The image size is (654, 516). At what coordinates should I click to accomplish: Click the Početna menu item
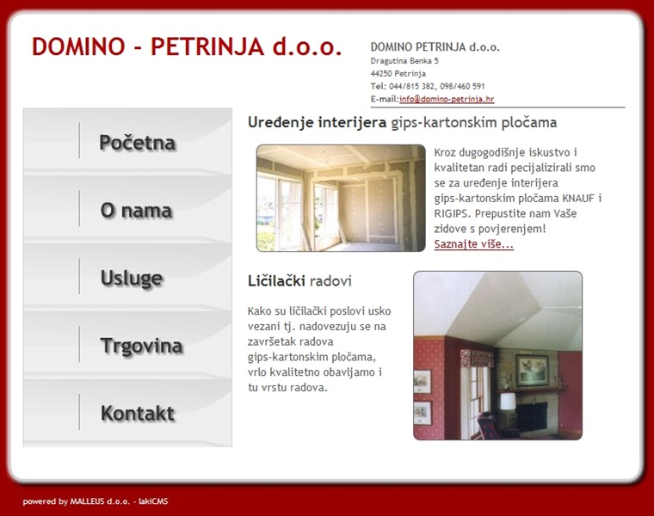point(137,143)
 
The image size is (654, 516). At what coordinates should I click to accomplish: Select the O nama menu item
point(136,211)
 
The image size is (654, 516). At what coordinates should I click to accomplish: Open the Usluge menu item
point(132,278)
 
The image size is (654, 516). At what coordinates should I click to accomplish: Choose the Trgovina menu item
point(141,346)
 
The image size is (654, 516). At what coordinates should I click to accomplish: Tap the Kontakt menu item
point(138,414)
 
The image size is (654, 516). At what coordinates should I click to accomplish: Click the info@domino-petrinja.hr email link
point(447,99)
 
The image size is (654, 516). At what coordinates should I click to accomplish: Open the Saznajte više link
point(473,244)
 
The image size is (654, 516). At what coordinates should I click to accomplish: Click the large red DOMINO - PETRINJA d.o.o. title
point(187,46)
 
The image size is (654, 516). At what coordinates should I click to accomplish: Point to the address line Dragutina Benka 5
point(404,61)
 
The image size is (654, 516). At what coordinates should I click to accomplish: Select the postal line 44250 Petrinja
point(398,74)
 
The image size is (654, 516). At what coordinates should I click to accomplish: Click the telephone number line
point(428,86)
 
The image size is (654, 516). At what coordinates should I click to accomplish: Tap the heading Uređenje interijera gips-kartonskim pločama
point(402,122)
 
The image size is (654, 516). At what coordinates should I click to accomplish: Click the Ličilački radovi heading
point(299,281)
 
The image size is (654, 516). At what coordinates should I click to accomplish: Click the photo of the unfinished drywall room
point(341,198)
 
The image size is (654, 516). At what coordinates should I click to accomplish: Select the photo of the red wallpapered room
point(497,355)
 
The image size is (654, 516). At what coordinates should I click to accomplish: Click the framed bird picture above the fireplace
point(532,370)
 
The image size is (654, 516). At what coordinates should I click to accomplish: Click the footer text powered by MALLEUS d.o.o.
point(96,501)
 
